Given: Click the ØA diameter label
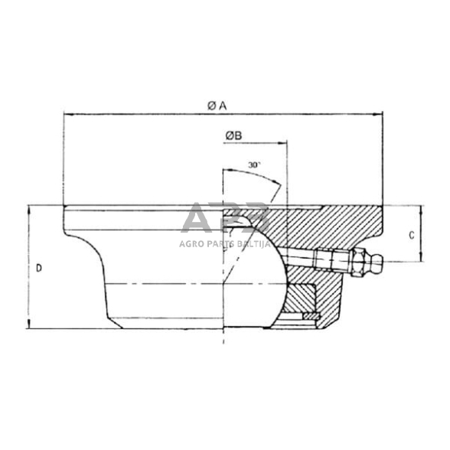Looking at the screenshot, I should pyautogui.click(x=217, y=106).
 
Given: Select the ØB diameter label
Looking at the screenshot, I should pyautogui.click(x=234, y=135).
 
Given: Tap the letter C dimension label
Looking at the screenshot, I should pyautogui.click(x=412, y=236).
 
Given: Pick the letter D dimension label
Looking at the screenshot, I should pyautogui.click(x=39, y=268).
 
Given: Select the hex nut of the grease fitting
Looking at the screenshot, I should pyautogui.click(x=356, y=261).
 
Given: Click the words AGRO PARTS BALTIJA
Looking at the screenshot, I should pyautogui.click(x=224, y=243).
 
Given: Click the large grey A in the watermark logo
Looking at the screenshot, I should pyautogui.click(x=197, y=217).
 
